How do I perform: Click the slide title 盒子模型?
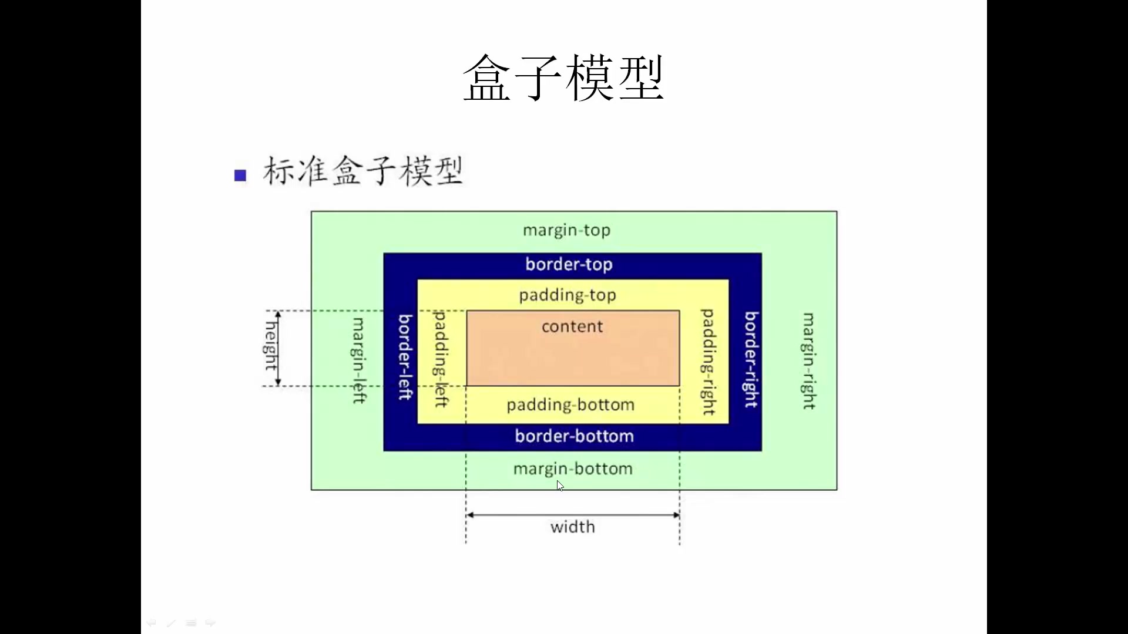coord(563,78)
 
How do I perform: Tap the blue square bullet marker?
coord(240,175)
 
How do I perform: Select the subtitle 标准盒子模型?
coord(362,171)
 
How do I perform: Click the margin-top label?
coord(566,230)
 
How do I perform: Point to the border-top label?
coord(569,264)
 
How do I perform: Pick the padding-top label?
coord(567,295)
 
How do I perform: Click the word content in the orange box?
coord(572,326)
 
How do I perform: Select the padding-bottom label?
coord(570,404)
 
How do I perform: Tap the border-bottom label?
coord(574,436)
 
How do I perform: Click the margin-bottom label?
coord(573,468)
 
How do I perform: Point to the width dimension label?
coord(572,527)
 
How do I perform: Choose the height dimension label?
coord(270,346)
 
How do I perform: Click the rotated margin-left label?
coord(358,360)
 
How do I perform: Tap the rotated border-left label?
coord(405,357)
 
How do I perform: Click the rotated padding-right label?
coord(709,362)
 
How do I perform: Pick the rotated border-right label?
coord(751,359)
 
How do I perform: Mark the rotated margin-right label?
coord(809,361)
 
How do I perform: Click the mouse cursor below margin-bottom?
coord(560,485)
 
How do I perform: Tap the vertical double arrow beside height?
coord(278,348)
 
